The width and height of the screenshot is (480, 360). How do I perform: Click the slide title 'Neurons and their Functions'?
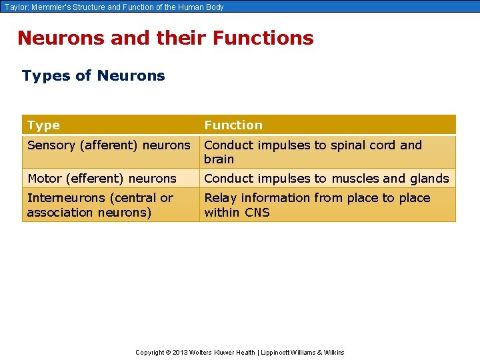coord(165,38)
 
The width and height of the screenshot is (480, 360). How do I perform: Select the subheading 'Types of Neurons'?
coord(93,75)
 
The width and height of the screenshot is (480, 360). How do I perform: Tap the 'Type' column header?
coord(43,125)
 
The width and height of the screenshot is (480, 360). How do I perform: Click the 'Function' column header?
coord(233,125)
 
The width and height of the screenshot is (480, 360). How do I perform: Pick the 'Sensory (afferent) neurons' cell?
coord(109,145)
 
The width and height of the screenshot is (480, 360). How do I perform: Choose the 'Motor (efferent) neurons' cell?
coord(102,178)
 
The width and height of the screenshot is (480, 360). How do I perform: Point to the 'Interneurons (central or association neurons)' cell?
coord(100,205)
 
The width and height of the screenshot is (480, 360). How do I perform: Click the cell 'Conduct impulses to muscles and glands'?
coord(327,178)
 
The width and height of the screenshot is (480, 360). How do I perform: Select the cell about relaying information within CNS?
coord(317,205)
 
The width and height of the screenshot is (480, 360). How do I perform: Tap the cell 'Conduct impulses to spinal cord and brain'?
coord(313,151)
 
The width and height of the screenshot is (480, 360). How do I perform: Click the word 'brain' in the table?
coord(219,159)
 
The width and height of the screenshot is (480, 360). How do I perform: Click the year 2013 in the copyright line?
coord(180,353)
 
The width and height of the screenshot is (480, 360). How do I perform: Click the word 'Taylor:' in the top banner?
coord(15,7)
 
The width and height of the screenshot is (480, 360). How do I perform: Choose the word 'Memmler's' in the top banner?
coord(49,7)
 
